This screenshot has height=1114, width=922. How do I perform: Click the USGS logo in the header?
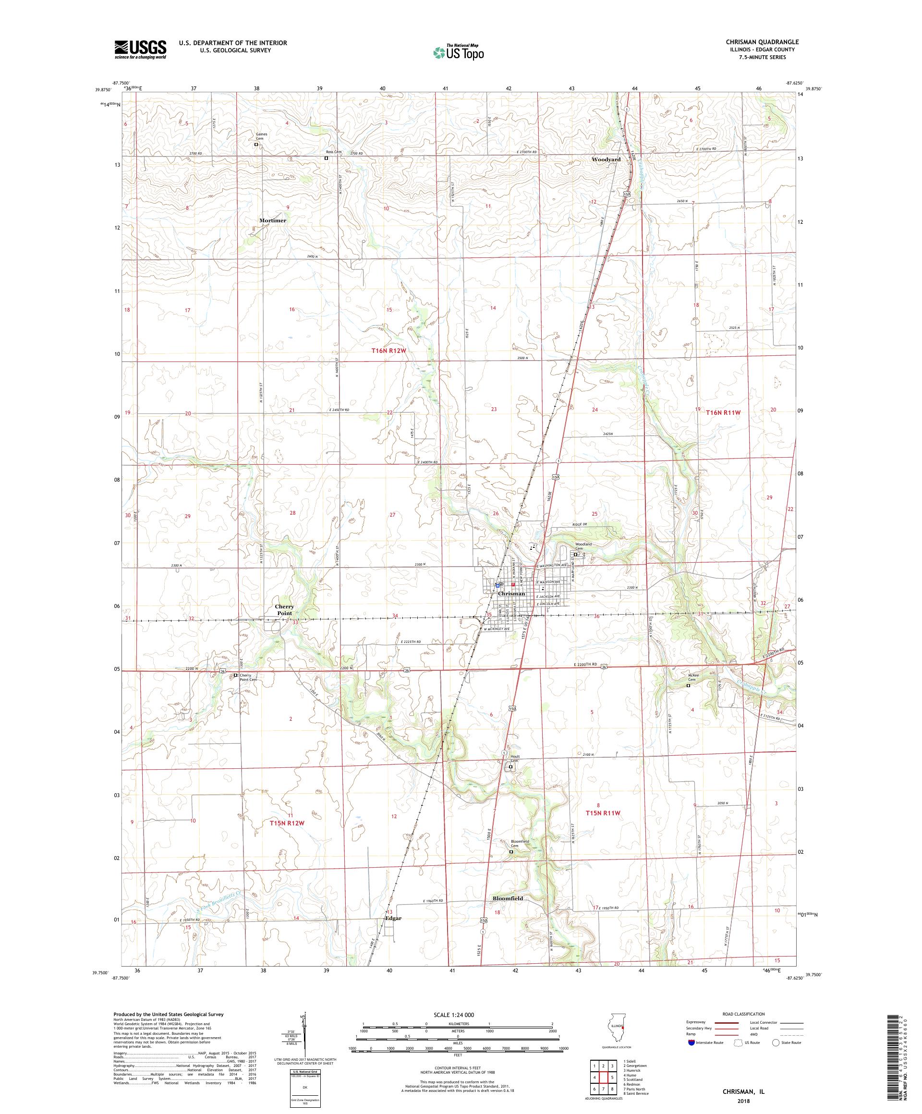(x=140, y=49)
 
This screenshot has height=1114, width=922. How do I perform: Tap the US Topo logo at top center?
(x=459, y=52)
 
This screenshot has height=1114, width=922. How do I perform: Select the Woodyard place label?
(x=606, y=159)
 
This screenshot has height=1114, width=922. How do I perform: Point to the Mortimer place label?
(x=273, y=220)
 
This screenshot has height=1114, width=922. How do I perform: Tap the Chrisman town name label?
(x=511, y=593)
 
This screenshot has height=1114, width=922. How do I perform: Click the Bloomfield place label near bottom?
(x=508, y=898)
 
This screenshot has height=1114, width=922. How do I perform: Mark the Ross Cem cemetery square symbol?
(x=326, y=158)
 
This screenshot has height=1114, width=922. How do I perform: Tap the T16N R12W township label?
(x=391, y=351)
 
